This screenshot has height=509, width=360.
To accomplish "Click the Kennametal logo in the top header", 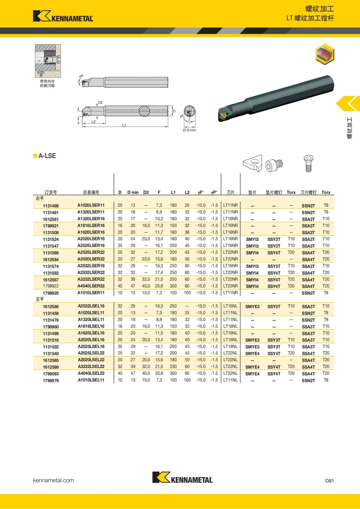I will tap(63, 16).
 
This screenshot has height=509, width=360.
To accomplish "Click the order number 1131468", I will tap(51, 206).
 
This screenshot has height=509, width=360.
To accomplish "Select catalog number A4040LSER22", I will tap(91, 286).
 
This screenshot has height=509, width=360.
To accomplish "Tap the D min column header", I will tap(133, 192).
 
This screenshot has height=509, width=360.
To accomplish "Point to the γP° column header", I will tap(214, 192).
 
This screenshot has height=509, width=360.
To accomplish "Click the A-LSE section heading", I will tap(47, 156).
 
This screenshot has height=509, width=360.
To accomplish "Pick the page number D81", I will tap(329, 481).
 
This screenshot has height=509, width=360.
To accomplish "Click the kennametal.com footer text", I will tap(53, 480).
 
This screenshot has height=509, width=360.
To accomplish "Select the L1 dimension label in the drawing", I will tap(124, 125).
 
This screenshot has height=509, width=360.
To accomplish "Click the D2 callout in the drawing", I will tap(100, 103).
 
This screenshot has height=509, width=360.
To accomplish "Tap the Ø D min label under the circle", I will tap(189, 130).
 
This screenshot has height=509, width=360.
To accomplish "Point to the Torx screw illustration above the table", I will tap(308, 163).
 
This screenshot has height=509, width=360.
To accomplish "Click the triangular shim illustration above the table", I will tap(253, 163).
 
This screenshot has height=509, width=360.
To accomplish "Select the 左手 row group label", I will tap(40, 299).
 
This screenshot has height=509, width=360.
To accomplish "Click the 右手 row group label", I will tap(40, 198).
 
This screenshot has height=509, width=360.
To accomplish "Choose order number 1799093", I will tap(51, 374).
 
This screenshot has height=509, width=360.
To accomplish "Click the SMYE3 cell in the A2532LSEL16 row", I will tap(252, 306).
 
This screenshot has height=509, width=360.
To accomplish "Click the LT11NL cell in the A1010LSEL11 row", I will tap(230, 380).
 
